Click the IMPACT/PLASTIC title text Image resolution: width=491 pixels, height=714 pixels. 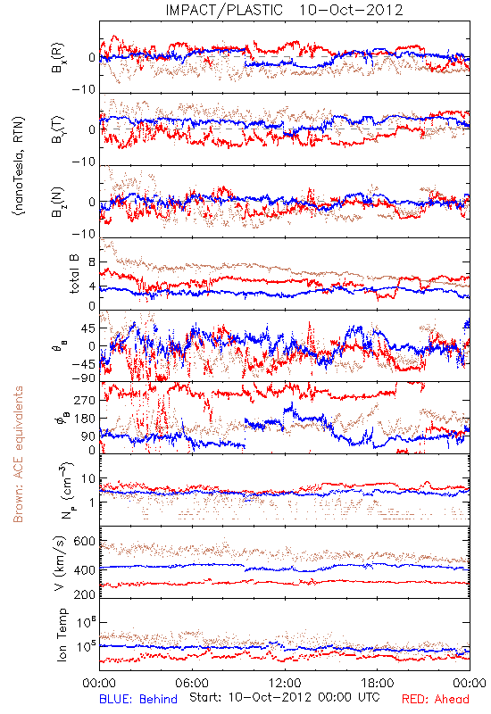224,10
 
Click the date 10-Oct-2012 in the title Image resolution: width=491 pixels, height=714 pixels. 351,10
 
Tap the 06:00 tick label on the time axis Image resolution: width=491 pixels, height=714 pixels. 192,683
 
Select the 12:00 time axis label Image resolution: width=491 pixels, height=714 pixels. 285,683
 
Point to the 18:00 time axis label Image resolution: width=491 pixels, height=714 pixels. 378,683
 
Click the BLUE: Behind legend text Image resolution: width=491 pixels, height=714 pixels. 138,699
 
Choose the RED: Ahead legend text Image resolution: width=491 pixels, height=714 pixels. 435,699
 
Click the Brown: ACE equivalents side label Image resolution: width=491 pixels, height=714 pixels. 18,454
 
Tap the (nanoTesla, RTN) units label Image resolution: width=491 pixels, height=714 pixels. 19,166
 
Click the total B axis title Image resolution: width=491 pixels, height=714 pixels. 74,274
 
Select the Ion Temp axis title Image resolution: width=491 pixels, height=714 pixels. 62,635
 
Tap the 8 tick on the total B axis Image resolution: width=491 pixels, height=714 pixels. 92,262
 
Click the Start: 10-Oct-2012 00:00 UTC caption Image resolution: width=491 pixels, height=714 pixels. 284,697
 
